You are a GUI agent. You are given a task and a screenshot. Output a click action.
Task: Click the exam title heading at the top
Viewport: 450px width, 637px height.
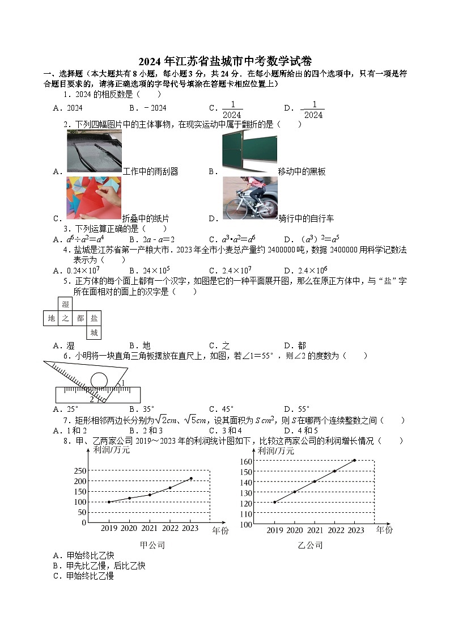coord(225,61)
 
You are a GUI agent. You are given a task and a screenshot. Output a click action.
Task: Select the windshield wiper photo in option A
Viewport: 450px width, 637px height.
coord(94,151)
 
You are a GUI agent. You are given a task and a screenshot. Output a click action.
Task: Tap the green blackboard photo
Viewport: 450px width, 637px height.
coord(249,151)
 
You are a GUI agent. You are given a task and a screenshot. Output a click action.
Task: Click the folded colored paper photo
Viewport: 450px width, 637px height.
coord(94,198)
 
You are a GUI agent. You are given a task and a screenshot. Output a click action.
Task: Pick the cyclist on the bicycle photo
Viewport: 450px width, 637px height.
coord(249,198)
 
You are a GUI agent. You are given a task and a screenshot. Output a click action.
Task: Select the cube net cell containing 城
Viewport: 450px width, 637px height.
coord(94,333)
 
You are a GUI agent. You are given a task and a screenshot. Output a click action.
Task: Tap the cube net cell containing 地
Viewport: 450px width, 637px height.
coord(51,319)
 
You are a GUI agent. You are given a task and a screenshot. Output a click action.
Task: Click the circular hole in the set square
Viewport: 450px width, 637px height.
coord(99,379)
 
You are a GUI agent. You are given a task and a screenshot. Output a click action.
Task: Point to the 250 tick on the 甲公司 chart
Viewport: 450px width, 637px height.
coord(79,471)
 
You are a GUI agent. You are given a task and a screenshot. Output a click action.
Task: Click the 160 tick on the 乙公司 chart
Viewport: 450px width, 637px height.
coord(245,461)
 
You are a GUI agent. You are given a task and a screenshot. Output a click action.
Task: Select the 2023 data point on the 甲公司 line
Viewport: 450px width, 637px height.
coord(191,478)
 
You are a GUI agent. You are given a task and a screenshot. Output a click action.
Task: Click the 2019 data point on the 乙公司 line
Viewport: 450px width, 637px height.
coord(274,502)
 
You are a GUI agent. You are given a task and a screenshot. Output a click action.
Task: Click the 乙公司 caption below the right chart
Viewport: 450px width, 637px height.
coord(310,545)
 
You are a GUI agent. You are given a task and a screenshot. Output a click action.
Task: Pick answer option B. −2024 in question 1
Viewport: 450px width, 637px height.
coord(147,108)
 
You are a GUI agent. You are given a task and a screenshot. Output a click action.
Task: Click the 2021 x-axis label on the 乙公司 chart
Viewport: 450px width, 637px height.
coord(315,530)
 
